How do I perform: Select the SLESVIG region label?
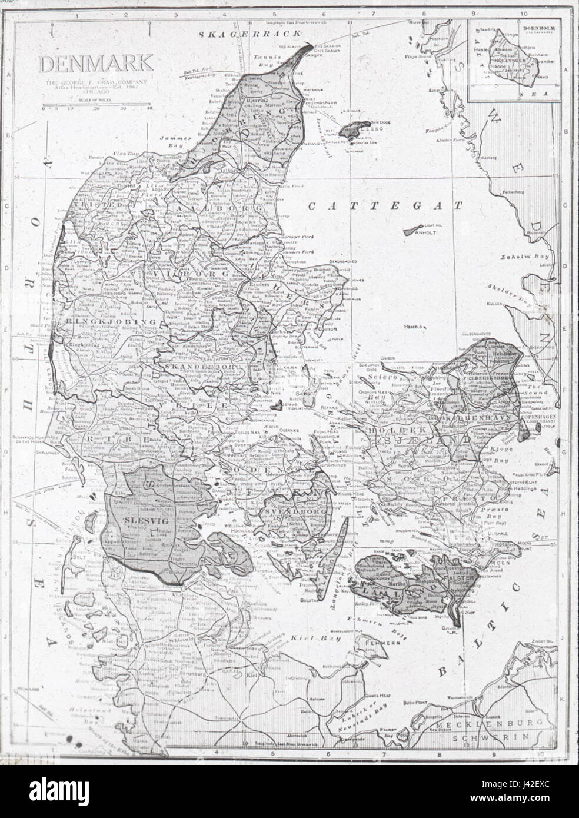138,520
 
